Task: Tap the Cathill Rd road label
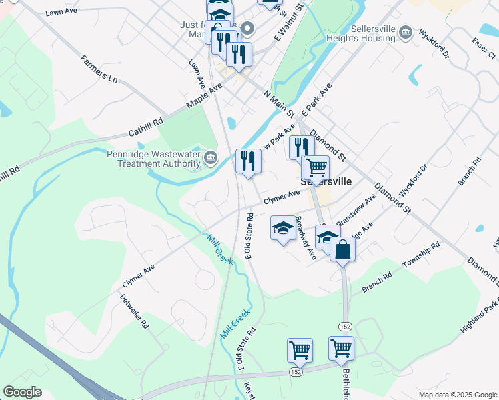(146, 127)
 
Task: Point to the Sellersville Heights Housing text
(361, 33)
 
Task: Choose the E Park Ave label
(316, 99)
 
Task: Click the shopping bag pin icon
(342, 249)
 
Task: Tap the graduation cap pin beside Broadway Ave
(283, 228)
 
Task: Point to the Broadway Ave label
(306, 237)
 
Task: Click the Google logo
(23, 392)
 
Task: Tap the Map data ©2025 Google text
(457, 395)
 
